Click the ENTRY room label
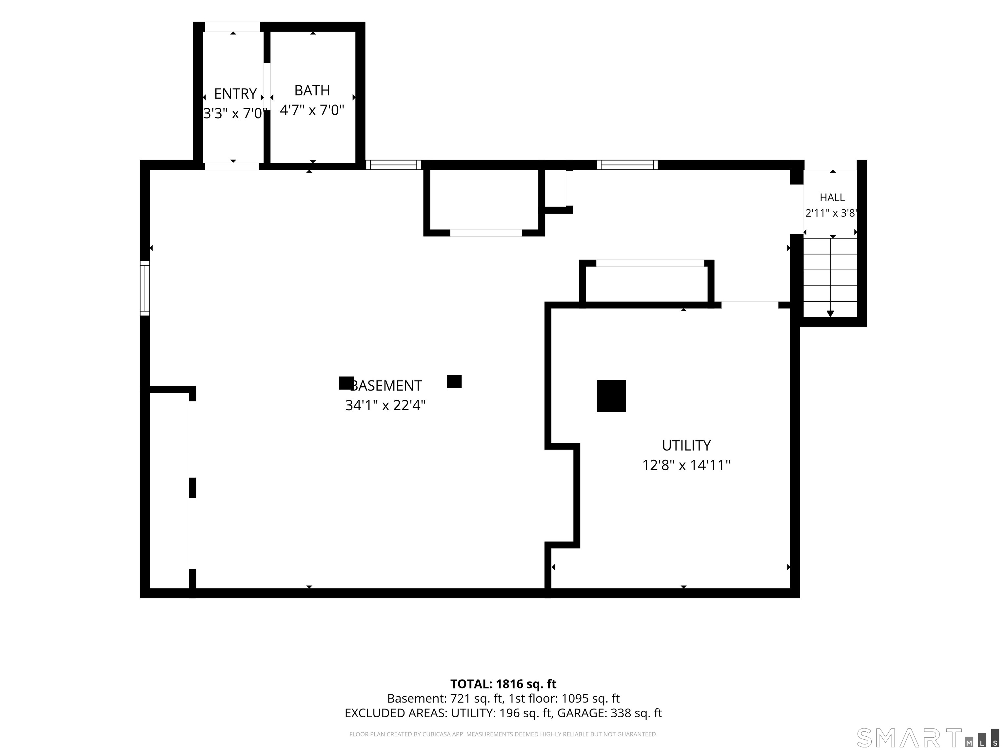(235, 94)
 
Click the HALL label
(832, 198)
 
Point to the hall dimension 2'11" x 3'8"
(831, 213)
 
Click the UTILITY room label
(686, 446)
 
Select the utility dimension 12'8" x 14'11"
(686, 465)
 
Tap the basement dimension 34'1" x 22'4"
(385, 405)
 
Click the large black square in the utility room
(611, 396)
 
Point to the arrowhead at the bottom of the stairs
(830, 314)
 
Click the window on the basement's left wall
(145, 288)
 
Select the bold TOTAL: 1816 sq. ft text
(503, 684)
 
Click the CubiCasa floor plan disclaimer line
(503, 734)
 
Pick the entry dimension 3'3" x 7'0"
(233, 113)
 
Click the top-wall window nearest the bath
(393, 165)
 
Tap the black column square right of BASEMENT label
(454, 382)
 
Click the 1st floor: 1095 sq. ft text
(564, 699)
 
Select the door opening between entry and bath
(267, 87)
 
